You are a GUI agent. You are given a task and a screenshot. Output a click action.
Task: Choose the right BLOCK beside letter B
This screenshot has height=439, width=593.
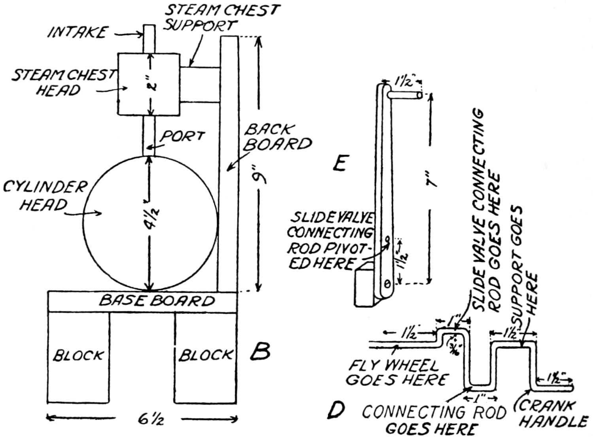(x=205, y=355)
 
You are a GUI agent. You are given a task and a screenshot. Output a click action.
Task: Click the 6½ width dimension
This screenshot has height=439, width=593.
(x=148, y=418)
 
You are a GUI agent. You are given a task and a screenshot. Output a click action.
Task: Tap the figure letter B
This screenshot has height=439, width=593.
(x=260, y=351)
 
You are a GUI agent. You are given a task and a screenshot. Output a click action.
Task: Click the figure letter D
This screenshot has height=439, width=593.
(x=336, y=411)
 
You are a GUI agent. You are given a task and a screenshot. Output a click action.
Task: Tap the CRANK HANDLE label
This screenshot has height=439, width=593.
(x=551, y=414)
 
